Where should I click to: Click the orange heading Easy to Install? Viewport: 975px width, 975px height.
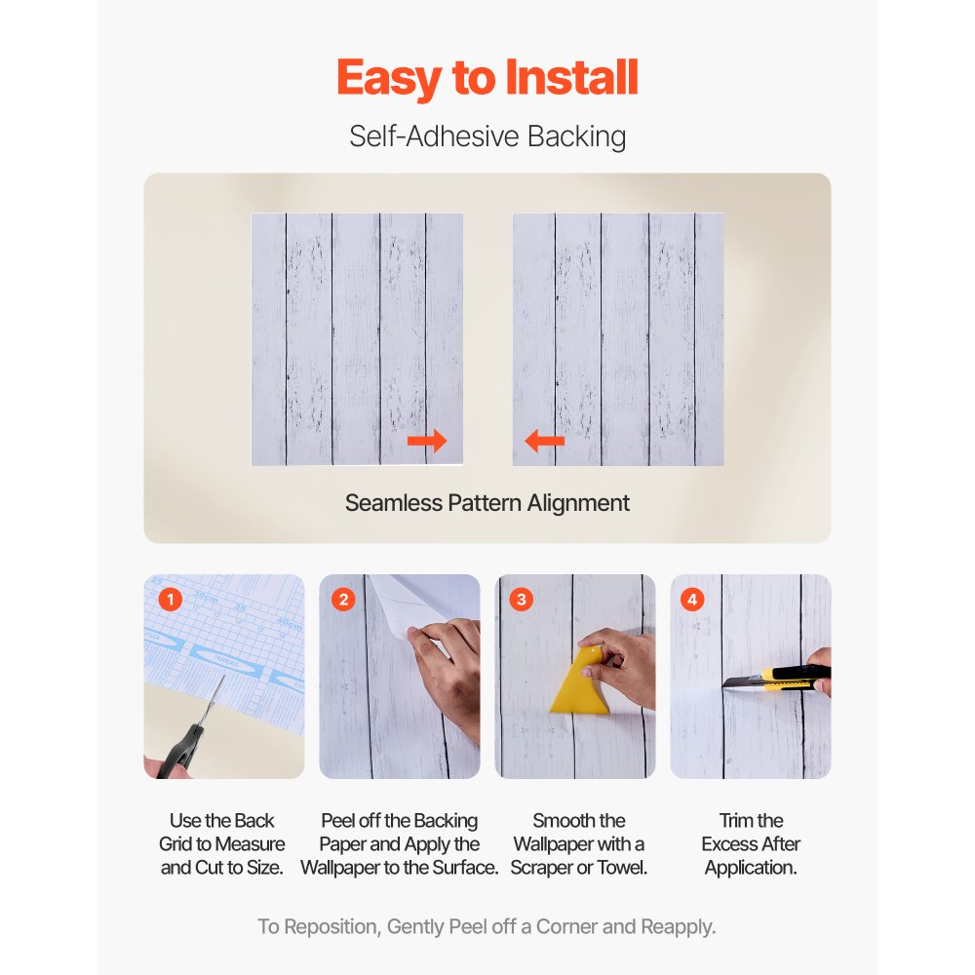coord(487,78)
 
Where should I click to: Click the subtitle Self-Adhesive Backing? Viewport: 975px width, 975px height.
coord(487,136)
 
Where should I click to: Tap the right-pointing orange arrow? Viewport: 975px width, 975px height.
coord(427,442)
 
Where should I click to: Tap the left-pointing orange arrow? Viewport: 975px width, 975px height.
coord(544,442)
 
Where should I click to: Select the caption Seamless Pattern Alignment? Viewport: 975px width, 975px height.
coord(487,503)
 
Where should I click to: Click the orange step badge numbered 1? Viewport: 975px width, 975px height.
coord(170,600)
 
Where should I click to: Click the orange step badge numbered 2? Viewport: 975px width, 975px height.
coord(343,600)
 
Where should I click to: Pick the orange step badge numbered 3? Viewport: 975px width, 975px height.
coord(521,600)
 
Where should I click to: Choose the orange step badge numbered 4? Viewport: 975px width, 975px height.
coord(693,600)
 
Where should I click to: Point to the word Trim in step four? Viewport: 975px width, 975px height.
coord(731,821)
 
